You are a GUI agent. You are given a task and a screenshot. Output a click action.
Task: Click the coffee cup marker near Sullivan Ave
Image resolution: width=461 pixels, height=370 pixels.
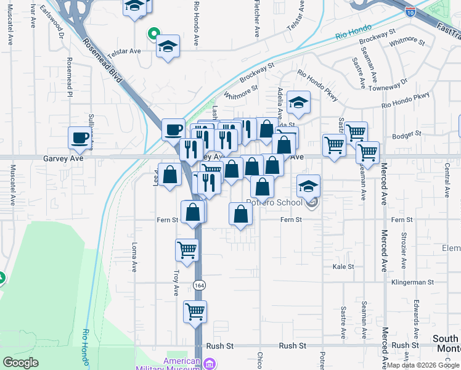pyautogui.click(x=79, y=138)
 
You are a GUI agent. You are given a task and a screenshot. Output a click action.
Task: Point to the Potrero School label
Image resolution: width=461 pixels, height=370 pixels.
pyautogui.click(x=274, y=202)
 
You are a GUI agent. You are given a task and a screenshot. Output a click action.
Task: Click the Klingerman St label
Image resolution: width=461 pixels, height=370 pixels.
pyautogui.click(x=412, y=282)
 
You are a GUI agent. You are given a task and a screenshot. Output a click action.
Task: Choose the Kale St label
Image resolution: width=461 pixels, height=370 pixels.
pyautogui.click(x=343, y=266)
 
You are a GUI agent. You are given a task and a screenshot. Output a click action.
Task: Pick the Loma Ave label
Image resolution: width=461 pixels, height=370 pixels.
pyautogui.click(x=134, y=257)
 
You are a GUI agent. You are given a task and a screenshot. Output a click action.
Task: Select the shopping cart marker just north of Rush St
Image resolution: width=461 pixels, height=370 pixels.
pyautogui.click(x=195, y=311)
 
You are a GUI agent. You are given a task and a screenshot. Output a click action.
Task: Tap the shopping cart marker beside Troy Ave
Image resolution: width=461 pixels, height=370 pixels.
pyautogui.click(x=186, y=250)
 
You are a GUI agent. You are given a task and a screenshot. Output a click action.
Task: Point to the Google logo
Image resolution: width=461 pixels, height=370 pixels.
pyautogui.click(x=21, y=363)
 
